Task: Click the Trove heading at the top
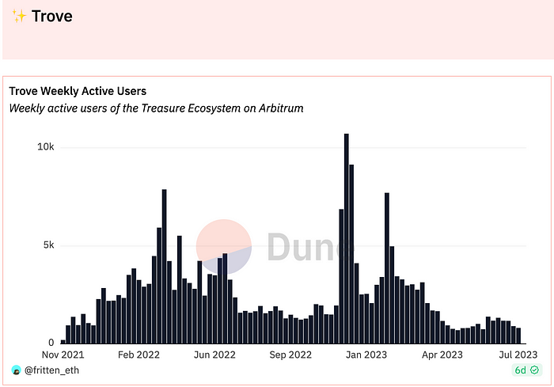tap(52, 16)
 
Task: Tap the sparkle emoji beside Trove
tap(20, 16)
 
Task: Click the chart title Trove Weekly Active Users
tap(78, 91)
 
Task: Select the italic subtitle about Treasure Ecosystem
tap(156, 108)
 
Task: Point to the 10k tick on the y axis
tap(45, 147)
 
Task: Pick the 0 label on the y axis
tap(51, 343)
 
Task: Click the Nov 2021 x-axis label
tap(62, 355)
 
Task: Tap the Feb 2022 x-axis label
tap(138, 355)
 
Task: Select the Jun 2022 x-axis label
tap(214, 355)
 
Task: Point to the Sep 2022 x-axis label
tap(290, 355)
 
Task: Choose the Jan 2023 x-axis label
tap(364, 355)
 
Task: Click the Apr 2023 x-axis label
tap(440, 355)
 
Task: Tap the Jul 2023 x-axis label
tap(516, 355)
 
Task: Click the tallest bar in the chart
tap(347, 237)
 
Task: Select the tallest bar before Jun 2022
tap(164, 266)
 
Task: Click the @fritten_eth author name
tap(51, 370)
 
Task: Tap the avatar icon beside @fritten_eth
tap(16, 370)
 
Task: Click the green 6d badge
tap(526, 370)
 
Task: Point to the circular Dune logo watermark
tap(224, 246)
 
